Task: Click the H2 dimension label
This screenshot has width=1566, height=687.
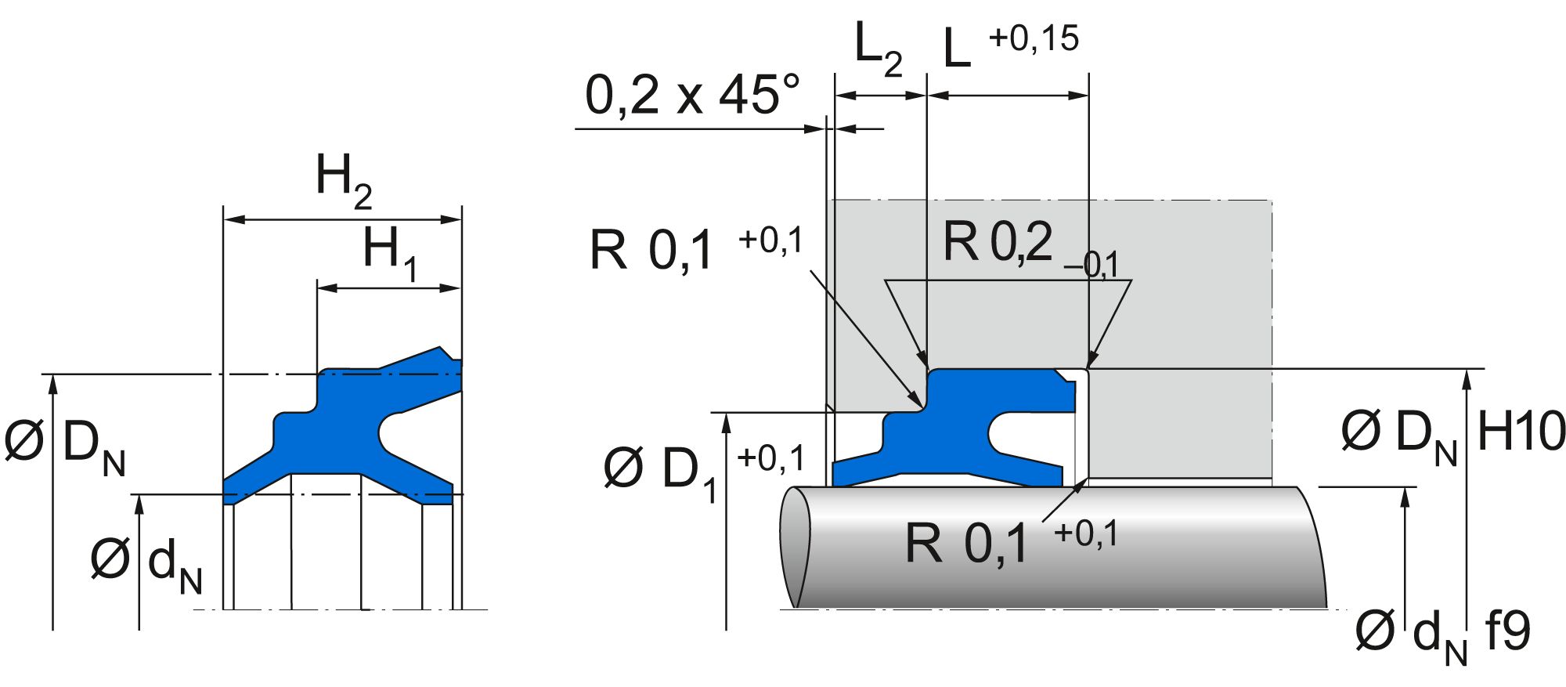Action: [343, 180]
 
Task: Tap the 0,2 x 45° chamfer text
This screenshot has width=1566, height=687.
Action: [693, 96]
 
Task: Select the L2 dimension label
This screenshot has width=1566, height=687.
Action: [877, 49]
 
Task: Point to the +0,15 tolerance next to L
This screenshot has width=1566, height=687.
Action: [1034, 38]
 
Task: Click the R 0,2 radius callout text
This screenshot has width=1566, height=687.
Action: [997, 243]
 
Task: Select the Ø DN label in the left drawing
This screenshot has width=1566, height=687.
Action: [64, 447]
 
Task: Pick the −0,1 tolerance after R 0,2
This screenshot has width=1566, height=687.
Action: [1092, 266]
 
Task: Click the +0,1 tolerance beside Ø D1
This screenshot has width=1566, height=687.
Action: [770, 458]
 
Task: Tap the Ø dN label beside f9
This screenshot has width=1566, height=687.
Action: [1410, 635]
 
